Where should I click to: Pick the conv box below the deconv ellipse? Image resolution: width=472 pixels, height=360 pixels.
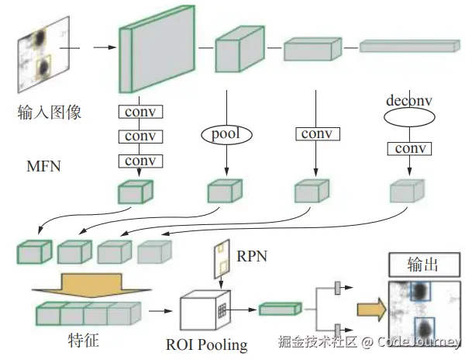point(408,148)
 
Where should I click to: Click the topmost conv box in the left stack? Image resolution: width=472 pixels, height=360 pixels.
point(140,112)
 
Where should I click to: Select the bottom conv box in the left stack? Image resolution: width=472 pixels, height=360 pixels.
point(140,161)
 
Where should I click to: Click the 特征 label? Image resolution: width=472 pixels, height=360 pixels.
point(82,339)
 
